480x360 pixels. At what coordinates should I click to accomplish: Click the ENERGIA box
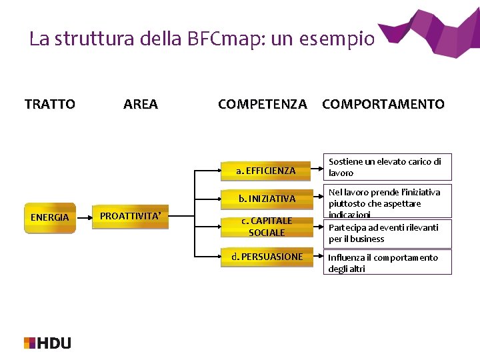(50, 217)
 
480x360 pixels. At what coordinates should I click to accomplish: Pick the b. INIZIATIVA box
(267, 199)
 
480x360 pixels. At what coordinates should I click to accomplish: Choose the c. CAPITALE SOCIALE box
(267, 227)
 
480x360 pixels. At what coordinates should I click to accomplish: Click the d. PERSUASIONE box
(267, 257)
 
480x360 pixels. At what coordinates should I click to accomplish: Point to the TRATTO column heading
(50, 104)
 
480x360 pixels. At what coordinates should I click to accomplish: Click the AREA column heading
(141, 104)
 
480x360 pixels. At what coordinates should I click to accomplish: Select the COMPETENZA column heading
(263, 104)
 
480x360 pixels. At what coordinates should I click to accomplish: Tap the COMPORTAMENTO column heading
(383, 104)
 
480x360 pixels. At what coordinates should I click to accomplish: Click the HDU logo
(47, 343)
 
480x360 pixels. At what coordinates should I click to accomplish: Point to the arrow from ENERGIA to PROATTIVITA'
(83, 217)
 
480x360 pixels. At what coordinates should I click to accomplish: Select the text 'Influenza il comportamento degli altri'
(383, 263)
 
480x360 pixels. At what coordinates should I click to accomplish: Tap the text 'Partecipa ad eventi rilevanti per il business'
(383, 233)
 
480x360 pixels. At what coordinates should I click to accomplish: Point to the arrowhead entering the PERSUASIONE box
(214, 257)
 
